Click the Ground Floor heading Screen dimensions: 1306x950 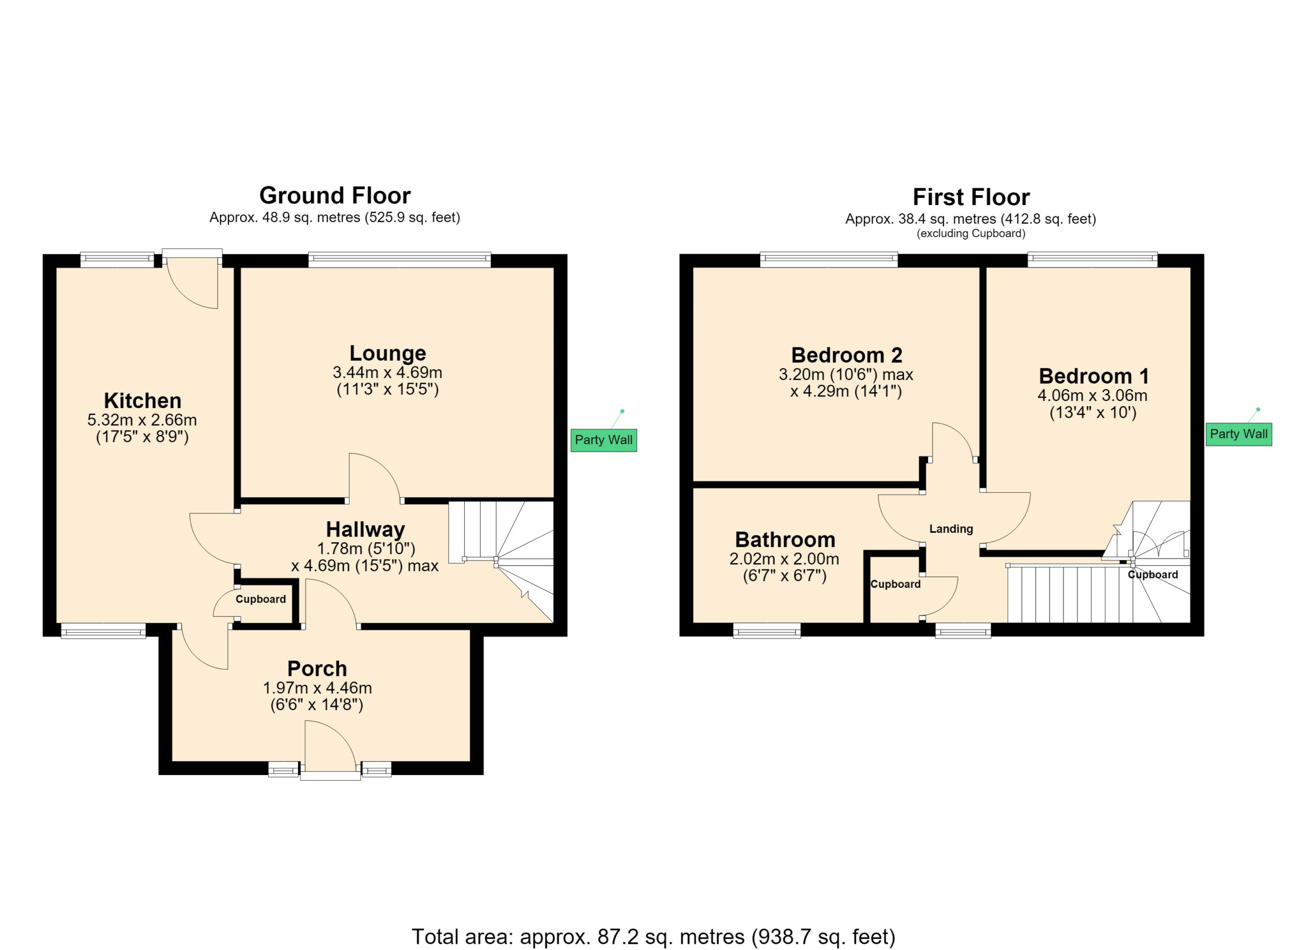coord(335,196)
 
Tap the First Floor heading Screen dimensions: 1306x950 coord(971,197)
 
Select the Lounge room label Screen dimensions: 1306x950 coord(388,353)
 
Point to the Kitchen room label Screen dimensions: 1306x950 coord(143,400)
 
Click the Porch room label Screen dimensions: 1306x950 coord(317,668)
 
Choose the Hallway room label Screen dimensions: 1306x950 coord(366,529)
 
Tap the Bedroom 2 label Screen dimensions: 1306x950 coord(846,355)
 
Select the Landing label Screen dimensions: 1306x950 coord(951,529)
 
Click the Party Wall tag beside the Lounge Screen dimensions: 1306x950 coord(604,440)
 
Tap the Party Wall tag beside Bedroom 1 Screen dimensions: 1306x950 coord(1239,434)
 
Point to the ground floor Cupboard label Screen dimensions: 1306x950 coord(261,599)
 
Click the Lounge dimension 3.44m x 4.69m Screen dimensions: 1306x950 coord(388,372)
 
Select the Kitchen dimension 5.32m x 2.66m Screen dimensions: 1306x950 coord(142,420)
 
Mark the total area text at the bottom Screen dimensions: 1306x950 coord(653,937)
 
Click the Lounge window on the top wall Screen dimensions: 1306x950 coord(399,260)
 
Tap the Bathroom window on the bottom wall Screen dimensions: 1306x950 coord(767,632)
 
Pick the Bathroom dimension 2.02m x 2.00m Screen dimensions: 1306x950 coord(784,559)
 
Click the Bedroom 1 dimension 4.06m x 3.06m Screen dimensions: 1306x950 coord(1092,395)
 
